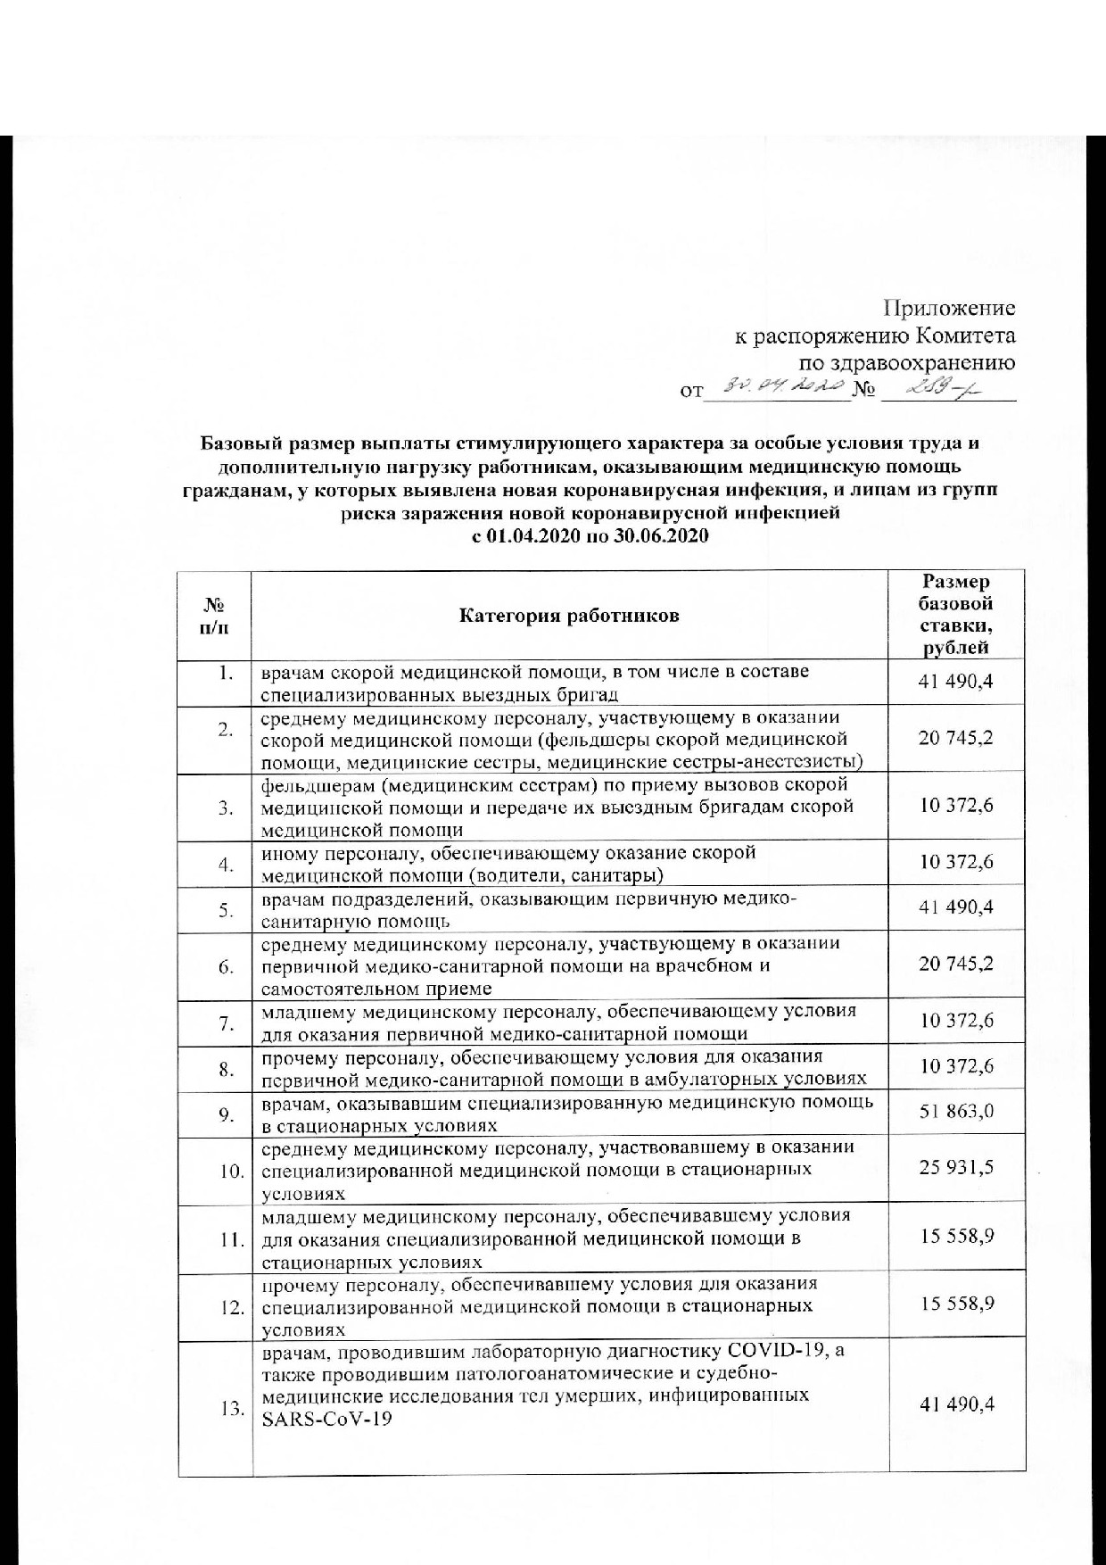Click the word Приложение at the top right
pos(949,309)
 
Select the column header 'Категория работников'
pos(569,616)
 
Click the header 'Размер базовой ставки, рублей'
pos(955,616)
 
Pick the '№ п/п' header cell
pos(214,616)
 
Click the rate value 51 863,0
pos(956,1112)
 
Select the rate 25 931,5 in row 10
pos(956,1168)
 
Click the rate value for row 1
pos(956,683)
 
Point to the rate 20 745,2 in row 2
pos(956,738)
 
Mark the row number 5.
pos(227,910)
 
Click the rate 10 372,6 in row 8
pos(956,1066)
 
